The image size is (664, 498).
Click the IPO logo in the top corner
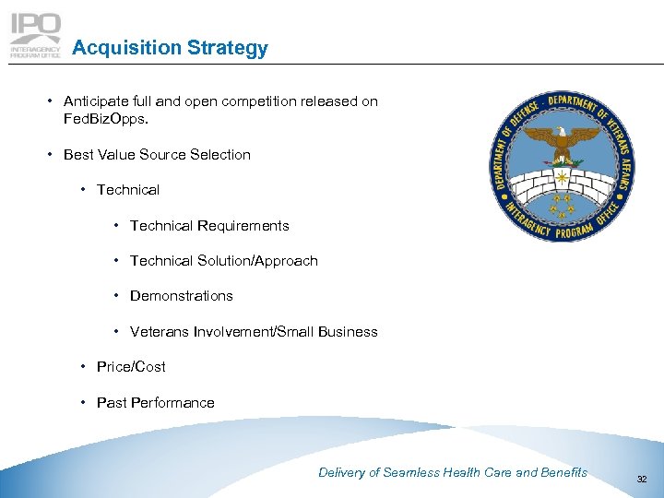click(x=36, y=35)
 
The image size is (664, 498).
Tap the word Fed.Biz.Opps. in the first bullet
click(x=102, y=119)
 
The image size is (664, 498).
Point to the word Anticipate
click(x=97, y=101)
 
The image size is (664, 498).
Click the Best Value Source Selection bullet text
click(x=157, y=155)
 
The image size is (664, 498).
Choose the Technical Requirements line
click(x=209, y=226)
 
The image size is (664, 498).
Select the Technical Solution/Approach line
click(x=223, y=261)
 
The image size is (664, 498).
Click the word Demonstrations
click(x=181, y=296)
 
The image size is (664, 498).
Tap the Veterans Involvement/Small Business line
click(x=254, y=332)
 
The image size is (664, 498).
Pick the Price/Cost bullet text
click(x=131, y=367)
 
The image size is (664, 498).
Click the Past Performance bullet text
click(x=155, y=403)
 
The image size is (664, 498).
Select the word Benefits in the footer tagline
click(x=564, y=472)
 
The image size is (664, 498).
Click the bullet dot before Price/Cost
click(x=84, y=367)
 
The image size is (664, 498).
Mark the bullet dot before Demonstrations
click(x=117, y=296)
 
